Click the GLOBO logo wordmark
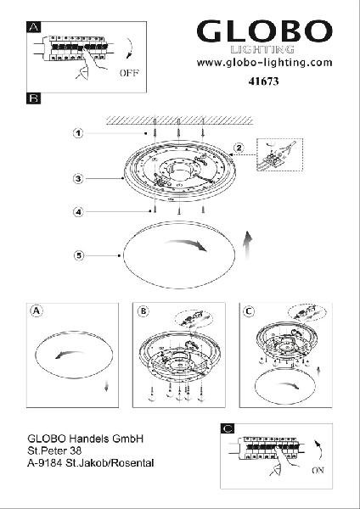point(264,31)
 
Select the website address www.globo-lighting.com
point(264,62)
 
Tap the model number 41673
point(263,81)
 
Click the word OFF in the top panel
point(129,73)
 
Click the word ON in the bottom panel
point(318,470)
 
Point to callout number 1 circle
point(78,133)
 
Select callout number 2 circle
point(239,148)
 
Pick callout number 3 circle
point(78,178)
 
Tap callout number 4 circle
point(78,212)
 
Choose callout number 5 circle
point(78,256)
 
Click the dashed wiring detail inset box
point(279,154)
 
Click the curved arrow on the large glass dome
point(186,244)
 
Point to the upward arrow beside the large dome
point(248,245)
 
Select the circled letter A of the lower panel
point(37,311)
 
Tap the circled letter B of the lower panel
point(143,311)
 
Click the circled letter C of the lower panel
point(249,311)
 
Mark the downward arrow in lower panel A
point(106,386)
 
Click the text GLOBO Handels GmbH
point(86,439)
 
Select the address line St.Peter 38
point(54,450)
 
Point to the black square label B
point(34,98)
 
